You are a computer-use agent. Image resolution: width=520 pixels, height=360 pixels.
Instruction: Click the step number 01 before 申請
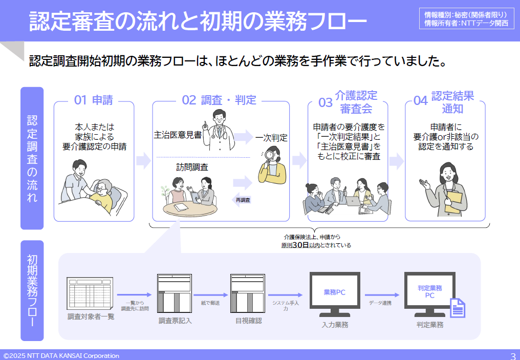click(80, 100)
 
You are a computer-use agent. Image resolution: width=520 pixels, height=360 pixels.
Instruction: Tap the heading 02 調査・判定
click(219, 100)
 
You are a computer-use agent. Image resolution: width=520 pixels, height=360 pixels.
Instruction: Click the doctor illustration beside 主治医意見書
click(219, 130)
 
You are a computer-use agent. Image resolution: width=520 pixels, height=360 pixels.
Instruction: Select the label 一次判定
click(271, 138)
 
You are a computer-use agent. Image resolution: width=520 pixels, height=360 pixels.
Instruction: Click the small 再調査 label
click(243, 200)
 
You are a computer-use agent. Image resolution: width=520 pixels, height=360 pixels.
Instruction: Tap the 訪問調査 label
click(192, 167)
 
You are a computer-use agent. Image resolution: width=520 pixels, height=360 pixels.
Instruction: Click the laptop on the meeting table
click(353, 201)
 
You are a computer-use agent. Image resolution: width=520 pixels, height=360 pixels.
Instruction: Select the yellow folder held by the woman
click(453, 201)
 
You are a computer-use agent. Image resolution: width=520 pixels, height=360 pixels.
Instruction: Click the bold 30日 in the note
click(301, 245)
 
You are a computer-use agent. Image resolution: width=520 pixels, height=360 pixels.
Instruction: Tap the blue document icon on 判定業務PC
click(458, 308)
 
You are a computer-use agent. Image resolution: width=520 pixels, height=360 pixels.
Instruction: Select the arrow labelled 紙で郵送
click(211, 295)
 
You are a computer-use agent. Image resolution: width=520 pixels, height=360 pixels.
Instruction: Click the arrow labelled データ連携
click(382, 295)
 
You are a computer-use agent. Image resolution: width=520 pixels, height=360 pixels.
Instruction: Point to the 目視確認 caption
click(248, 321)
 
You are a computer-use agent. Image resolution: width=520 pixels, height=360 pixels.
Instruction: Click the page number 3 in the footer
click(513, 356)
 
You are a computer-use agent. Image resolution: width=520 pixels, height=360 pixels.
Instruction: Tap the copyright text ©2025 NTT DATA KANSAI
click(61, 356)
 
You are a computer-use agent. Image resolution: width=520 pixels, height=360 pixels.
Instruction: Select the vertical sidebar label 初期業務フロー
click(32, 291)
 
